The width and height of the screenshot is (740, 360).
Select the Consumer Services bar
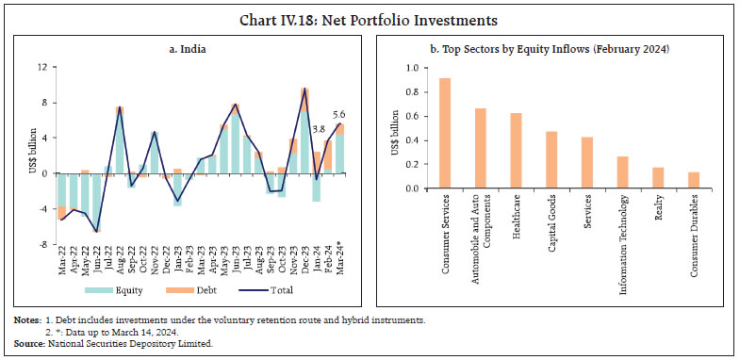[444, 133]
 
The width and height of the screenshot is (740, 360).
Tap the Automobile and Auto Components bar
[480, 148]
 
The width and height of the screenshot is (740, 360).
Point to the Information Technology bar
[622, 172]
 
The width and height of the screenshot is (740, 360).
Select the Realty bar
[658, 178]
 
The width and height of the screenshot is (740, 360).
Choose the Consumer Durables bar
[694, 180]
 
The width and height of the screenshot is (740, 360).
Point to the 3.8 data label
[319, 129]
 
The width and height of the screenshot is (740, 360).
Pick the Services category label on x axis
[587, 211]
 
